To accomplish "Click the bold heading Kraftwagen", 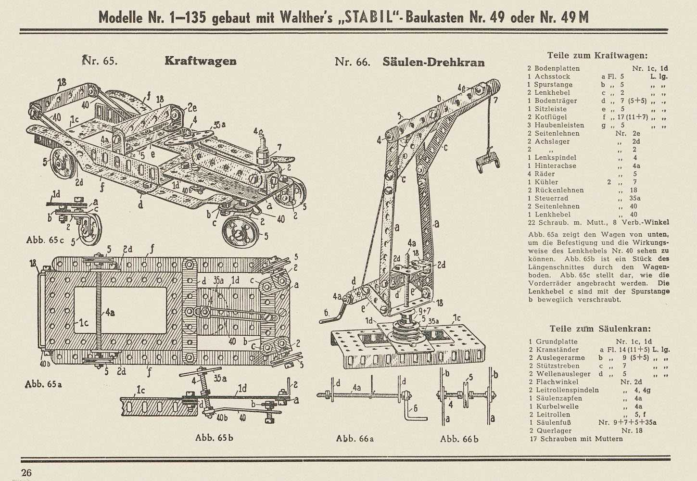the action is pos(201,61).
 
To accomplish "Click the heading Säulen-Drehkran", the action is pos(433,62).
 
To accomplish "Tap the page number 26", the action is pos(26,473).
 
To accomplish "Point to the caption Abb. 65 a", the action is pos(43,384).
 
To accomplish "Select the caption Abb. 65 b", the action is pos(214,437).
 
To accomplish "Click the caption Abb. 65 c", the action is pos(45,240).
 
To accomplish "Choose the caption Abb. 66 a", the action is pos(355,438).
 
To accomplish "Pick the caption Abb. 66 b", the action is pos(459,439).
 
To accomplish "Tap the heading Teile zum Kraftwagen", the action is pos(597,56).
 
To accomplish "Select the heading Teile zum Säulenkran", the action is pos(600,329).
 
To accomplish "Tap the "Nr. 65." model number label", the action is pos(100,60).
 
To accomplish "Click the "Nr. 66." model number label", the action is pos(353,62).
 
